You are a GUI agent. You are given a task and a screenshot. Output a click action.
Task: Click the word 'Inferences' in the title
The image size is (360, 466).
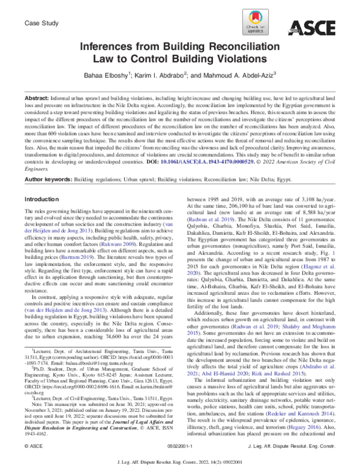pos(109,46)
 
